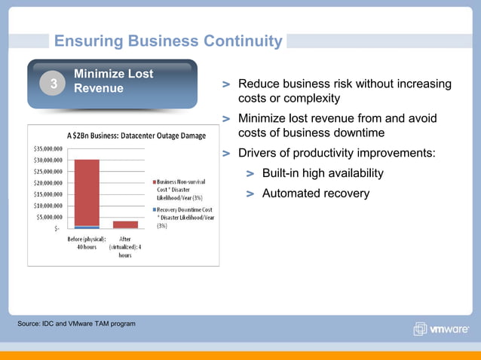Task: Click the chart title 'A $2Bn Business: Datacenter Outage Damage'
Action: coord(136,136)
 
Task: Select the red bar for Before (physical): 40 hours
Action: coord(87,192)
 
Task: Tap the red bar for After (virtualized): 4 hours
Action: coord(125,224)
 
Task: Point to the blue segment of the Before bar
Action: coord(87,227)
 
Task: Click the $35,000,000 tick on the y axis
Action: coord(47,149)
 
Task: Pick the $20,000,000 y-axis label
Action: coord(47,183)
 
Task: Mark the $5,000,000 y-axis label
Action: coord(50,217)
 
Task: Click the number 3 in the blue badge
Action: coord(54,85)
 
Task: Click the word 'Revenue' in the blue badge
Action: coord(99,89)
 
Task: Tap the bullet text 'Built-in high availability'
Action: coord(323,174)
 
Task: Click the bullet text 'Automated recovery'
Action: coord(315,194)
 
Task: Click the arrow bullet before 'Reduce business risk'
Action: coord(226,85)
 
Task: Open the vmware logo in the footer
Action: coord(441,329)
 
